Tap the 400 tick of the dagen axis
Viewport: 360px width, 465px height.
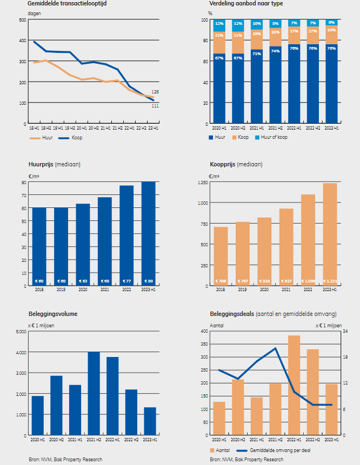click(22, 41)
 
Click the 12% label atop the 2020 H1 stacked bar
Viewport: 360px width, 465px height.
click(219, 24)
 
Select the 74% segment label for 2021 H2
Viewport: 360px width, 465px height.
click(276, 51)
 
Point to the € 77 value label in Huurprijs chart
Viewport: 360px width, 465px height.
click(126, 281)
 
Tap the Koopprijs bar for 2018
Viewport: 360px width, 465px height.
click(221, 257)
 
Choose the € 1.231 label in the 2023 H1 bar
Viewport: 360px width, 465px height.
click(330, 281)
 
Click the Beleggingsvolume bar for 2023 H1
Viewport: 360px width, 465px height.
click(150, 421)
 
